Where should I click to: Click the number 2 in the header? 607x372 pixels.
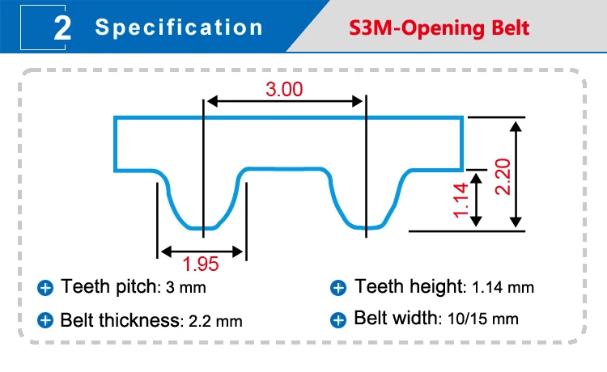click(x=62, y=27)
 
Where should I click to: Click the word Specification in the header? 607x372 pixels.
click(x=179, y=27)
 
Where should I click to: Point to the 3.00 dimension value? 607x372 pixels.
click(x=284, y=89)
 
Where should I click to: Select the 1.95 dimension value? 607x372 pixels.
click(x=201, y=263)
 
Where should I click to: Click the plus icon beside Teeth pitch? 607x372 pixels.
click(x=45, y=287)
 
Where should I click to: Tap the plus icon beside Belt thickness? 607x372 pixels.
click(x=45, y=319)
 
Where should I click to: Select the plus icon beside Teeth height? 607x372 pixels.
click(x=338, y=287)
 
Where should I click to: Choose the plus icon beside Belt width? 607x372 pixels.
click(x=338, y=319)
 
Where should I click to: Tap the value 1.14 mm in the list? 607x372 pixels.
click(x=504, y=287)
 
